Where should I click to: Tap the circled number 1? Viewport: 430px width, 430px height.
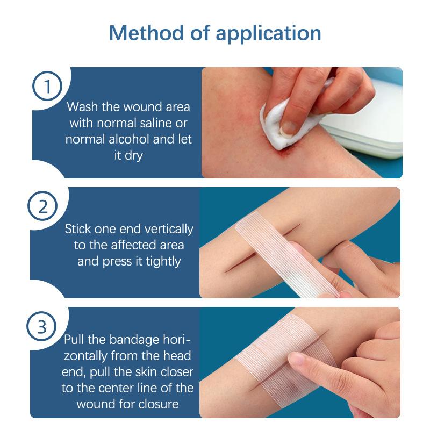click(48, 87)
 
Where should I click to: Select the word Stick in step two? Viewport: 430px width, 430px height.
click(79, 229)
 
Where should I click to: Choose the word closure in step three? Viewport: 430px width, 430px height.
click(159, 404)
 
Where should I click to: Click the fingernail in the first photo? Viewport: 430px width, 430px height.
click(290, 127)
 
